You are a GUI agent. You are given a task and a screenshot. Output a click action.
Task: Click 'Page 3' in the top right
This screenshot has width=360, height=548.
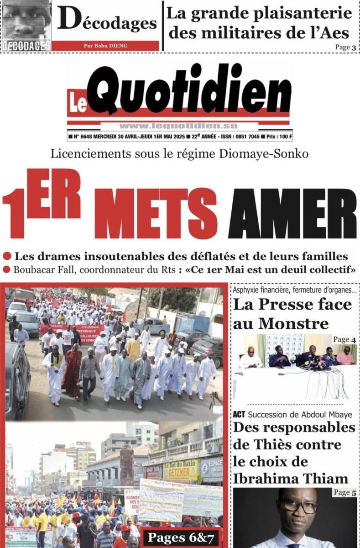coord(345,47)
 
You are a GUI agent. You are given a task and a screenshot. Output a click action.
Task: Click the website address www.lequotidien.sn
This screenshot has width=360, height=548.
coord(178,126)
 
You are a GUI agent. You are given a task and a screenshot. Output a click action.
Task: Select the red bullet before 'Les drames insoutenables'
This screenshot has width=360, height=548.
coord(7,257)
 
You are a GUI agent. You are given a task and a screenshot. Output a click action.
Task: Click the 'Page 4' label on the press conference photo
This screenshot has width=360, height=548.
coord(344,339)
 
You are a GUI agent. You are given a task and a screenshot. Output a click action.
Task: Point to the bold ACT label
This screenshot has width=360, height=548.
coord(239,414)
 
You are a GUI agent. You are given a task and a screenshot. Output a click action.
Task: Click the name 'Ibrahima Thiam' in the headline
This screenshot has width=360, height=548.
coord(291,478)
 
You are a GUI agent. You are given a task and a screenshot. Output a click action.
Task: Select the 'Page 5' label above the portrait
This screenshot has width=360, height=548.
coord(344,492)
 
